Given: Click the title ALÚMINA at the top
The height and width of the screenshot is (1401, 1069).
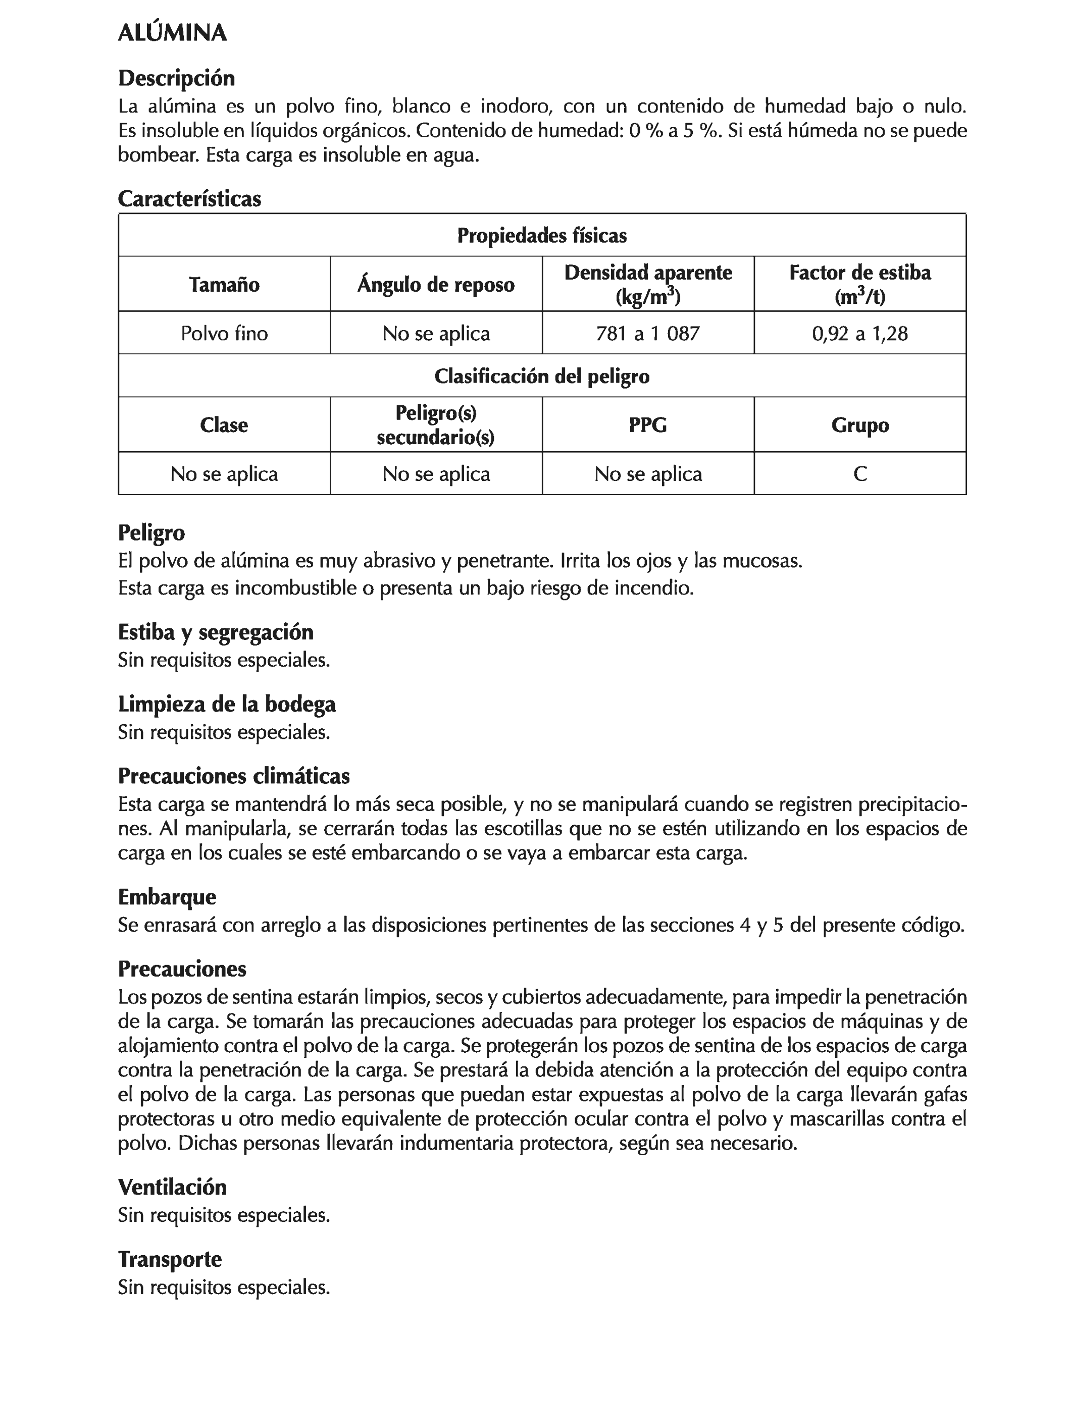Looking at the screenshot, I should [x=172, y=33].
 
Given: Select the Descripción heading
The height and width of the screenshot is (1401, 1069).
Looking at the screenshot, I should [x=176, y=78].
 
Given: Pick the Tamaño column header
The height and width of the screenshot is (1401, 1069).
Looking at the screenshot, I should [x=224, y=284].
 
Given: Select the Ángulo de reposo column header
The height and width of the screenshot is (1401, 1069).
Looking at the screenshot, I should [x=436, y=284].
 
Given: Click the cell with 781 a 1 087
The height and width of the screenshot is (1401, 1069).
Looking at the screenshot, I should [x=648, y=333].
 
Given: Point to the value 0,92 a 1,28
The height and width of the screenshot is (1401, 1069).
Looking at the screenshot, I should [x=859, y=333].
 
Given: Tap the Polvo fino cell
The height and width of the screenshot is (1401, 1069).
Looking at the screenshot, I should [x=224, y=333].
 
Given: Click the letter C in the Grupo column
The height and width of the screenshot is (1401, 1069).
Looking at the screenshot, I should [x=859, y=474].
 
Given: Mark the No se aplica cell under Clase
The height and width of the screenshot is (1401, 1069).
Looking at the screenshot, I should [x=224, y=474].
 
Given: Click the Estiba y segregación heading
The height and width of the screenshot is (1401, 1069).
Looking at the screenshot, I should [x=216, y=632].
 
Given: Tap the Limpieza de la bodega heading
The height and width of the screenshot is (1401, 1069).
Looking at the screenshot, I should [x=227, y=704].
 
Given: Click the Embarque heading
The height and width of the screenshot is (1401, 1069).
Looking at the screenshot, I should [x=167, y=897].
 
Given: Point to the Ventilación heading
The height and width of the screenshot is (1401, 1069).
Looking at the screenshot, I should [x=172, y=1187].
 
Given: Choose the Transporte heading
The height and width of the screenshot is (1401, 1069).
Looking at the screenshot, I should [x=170, y=1259].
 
